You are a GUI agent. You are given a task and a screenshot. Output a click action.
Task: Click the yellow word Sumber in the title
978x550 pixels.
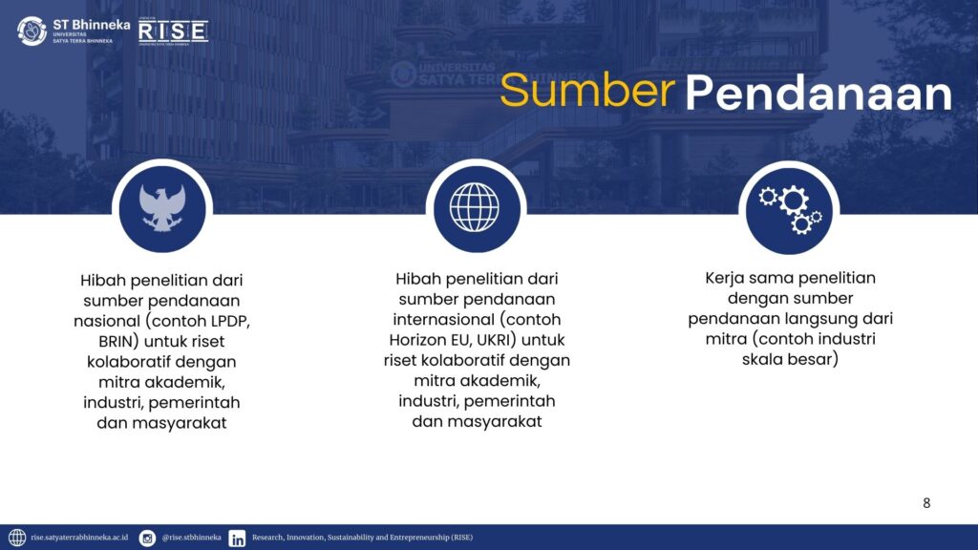[587, 91]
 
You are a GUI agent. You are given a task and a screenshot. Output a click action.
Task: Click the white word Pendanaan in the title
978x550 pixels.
[819, 93]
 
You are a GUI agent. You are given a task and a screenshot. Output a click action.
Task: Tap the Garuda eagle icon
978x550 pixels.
[162, 208]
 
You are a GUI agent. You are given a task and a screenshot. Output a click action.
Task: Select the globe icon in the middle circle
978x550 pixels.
[475, 207]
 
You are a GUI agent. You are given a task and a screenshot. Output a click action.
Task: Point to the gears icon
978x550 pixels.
[790, 209]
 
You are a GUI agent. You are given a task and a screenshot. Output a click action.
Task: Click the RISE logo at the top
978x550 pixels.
[173, 32]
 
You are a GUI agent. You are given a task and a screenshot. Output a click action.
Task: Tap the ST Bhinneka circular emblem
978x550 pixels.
[32, 31]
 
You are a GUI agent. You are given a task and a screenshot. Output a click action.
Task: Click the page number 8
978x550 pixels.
[926, 503]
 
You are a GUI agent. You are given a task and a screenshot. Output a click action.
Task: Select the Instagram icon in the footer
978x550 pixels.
[147, 538]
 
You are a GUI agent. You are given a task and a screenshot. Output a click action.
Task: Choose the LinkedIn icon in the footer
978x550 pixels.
[237, 539]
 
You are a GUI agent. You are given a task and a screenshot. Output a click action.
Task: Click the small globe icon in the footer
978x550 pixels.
[17, 538]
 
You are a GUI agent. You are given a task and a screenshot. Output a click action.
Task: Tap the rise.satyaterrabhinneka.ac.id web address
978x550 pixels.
[79, 538]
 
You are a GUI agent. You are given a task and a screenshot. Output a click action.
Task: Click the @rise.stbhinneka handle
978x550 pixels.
[191, 538]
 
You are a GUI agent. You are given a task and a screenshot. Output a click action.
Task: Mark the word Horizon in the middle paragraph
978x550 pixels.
[415, 341]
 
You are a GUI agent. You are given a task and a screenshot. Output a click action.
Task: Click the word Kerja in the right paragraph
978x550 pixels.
[725, 279]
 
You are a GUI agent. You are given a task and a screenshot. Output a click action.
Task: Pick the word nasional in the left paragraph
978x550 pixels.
[107, 321]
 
